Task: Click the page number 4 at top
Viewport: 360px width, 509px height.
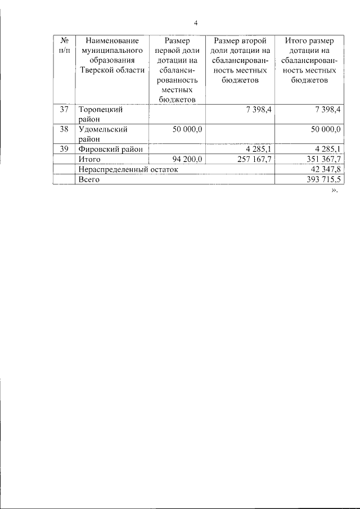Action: (x=196, y=23)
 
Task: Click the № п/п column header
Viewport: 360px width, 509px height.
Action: (x=64, y=46)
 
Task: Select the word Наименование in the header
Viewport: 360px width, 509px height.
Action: (x=112, y=41)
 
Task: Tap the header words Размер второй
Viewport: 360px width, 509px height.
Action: (x=240, y=41)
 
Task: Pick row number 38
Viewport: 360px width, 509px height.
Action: (x=64, y=129)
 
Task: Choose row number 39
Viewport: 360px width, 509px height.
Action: (x=64, y=148)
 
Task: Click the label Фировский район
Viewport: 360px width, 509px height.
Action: (x=110, y=148)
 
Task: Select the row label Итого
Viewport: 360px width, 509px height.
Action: (x=89, y=159)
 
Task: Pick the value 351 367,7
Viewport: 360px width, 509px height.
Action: (x=322, y=159)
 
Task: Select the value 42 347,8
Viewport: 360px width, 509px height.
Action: (x=325, y=169)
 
